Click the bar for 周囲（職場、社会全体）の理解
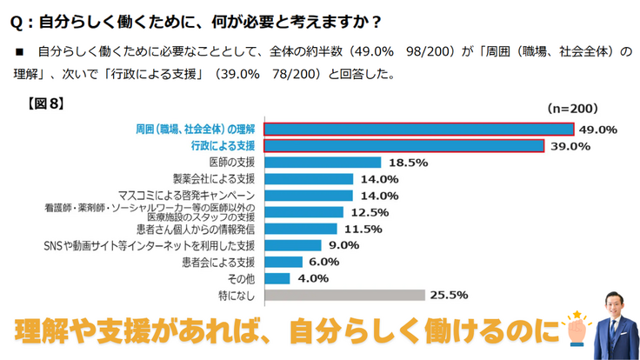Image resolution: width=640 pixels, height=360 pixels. (418, 130)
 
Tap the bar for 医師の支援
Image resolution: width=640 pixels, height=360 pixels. (323, 163)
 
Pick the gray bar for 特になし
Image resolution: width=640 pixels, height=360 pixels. (344, 295)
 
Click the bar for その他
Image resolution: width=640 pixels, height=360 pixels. (277, 278)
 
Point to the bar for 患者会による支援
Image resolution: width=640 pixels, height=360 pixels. (283, 262)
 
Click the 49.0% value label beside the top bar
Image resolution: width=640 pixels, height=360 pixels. (597, 130)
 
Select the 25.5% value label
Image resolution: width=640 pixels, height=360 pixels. (450, 295)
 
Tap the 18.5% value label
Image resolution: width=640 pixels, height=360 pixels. (407, 163)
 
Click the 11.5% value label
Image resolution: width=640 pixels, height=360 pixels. (363, 229)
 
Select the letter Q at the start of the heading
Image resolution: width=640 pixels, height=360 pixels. (16, 19)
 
